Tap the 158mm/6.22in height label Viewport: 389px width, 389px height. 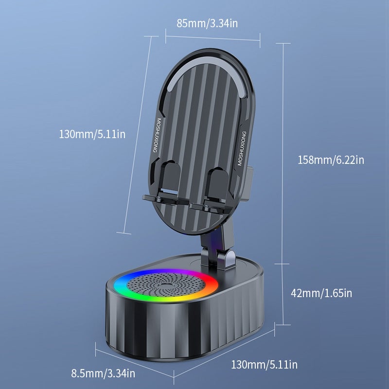[331, 159]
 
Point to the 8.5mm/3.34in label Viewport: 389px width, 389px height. [103, 373]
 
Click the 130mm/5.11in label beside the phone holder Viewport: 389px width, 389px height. [92, 134]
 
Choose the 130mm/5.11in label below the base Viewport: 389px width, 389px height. [264, 364]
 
